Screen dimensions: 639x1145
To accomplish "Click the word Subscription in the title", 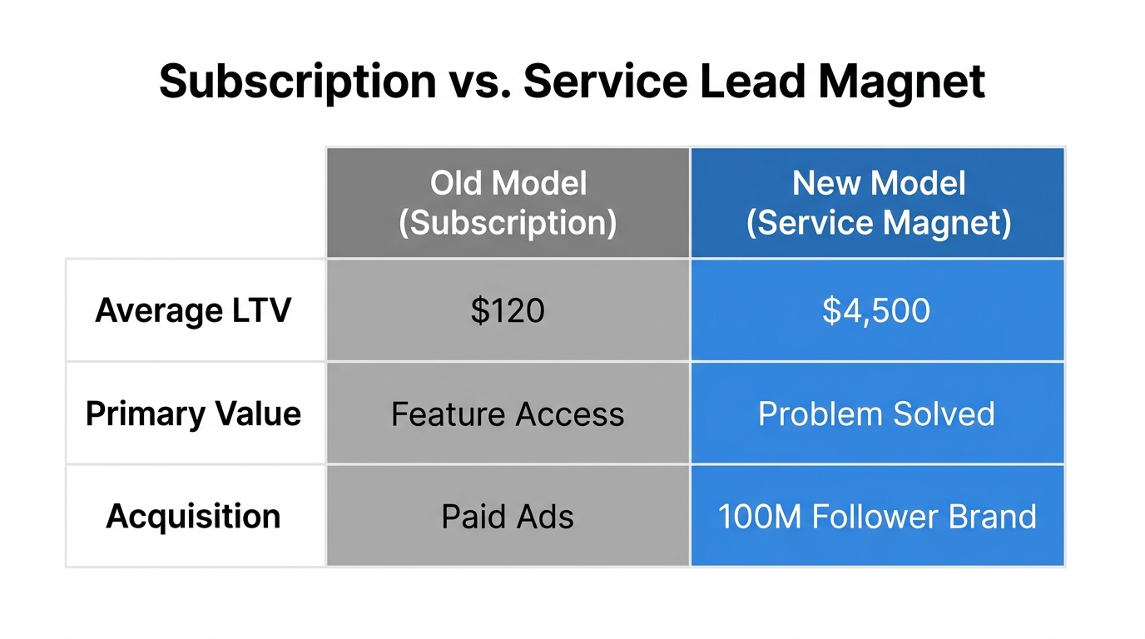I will pos(297,82).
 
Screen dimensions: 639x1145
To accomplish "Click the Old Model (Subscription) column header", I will pos(508,203).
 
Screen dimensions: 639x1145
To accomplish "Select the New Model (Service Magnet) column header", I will pos(878,203).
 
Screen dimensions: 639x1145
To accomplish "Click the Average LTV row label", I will pos(193,310).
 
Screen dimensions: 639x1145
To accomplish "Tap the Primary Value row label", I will pos(193,414).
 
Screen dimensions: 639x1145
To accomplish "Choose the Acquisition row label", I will pos(193,516).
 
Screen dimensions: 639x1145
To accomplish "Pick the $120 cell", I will pos(508,310).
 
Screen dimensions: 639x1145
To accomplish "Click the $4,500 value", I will pos(876,310).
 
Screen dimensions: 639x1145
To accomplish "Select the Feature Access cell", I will pos(508,414).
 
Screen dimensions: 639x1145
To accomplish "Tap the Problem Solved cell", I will pos(876,414).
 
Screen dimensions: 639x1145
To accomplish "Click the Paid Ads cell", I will pos(508,517).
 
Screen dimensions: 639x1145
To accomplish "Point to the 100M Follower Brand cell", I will pos(877,517).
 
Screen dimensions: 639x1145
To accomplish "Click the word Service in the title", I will pos(604,82).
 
